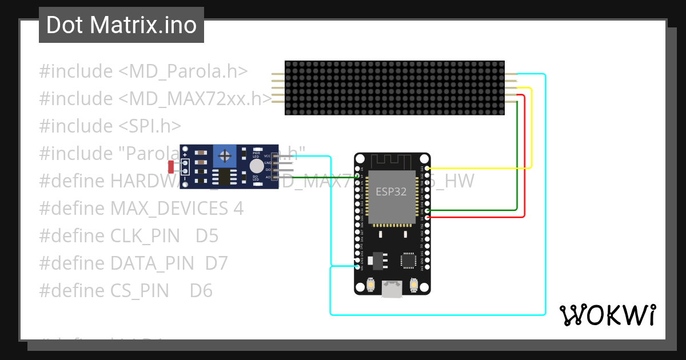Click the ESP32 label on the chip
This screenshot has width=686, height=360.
[x=391, y=191]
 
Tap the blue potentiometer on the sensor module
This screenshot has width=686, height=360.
[x=226, y=155]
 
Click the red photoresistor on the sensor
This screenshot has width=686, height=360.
[x=171, y=167]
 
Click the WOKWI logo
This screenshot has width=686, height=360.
[x=607, y=315]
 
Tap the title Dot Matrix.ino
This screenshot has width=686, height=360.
[x=121, y=25]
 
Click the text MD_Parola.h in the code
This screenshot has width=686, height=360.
[x=183, y=71]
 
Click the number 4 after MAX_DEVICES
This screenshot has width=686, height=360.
[x=238, y=209]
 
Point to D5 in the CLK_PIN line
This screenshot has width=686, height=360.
[x=207, y=236]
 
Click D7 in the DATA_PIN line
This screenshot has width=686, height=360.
[x=216, y=263]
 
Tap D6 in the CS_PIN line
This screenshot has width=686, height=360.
[x=201, y=291]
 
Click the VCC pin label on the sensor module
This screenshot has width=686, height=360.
[x=267, y=156]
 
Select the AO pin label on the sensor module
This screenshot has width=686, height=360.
[x=267, y=177]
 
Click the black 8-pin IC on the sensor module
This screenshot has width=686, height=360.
[x=225, y=177]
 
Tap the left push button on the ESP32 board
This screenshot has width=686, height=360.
[x=370, y=284]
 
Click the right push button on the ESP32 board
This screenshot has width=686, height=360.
[x=413, y=284]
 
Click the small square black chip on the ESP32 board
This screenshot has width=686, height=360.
[x=408, y=261]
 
